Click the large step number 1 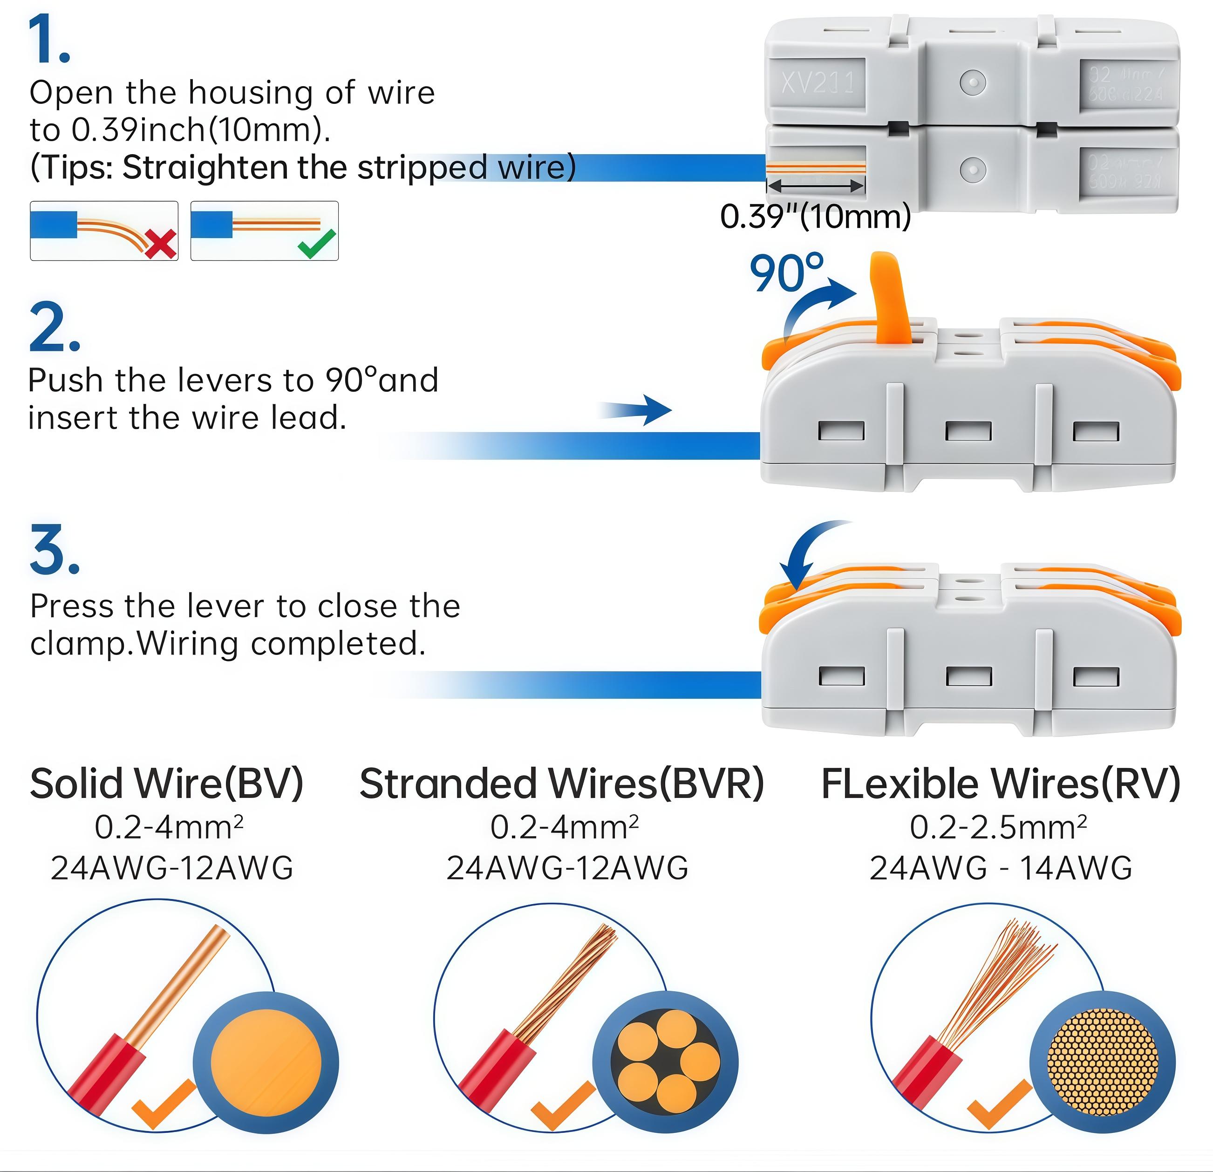coord(49,40)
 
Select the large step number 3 coord(55,550)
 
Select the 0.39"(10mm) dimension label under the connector coord(815,217)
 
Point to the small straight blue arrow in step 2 coord(637,409)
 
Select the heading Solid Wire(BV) coord(166,784)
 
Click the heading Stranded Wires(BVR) coord(561,784)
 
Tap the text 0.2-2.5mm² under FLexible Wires coord(998,827)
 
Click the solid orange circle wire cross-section coord(266,1063)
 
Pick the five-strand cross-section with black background coord(665,1063)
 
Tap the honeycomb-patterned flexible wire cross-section coord(1102,1063)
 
